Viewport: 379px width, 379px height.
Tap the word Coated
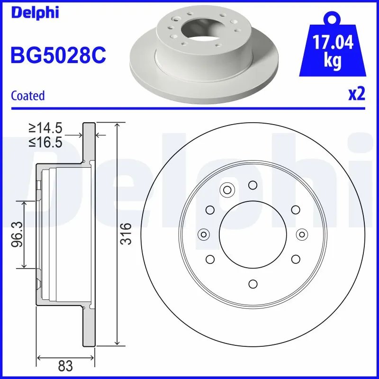(27, 96)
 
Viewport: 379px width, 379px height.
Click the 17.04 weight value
(332, 43)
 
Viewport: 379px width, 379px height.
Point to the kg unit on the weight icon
(332, 62)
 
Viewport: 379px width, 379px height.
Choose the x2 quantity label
(356, 94)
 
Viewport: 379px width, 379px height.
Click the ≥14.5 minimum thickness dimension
(45, 128)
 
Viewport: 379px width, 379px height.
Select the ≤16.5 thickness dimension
(45, 142)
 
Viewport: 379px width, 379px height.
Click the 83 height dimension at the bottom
(65, 365)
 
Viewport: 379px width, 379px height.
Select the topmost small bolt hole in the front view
(253, 185)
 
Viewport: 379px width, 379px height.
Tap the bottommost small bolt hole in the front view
(253, 283)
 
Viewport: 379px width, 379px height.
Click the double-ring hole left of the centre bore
(204, 234)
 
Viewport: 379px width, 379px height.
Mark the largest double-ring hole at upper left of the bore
(227, 190)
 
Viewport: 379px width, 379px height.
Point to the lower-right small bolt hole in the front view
(296, 259)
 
